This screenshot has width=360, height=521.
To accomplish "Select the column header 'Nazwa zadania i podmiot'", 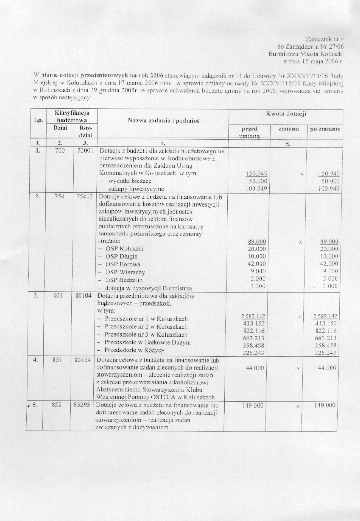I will [163, 121].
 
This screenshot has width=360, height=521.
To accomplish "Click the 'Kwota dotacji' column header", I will [286, 114].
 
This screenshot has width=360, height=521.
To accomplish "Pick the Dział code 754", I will [60, 196].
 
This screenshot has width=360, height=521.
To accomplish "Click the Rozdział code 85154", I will [83, 360].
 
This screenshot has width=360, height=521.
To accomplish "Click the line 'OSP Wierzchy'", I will [125, 272].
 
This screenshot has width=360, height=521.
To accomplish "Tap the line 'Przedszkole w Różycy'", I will [134, 350].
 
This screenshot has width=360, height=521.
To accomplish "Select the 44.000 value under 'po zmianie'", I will [327, 368].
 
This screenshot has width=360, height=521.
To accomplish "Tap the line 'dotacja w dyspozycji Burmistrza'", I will [148, 288].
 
